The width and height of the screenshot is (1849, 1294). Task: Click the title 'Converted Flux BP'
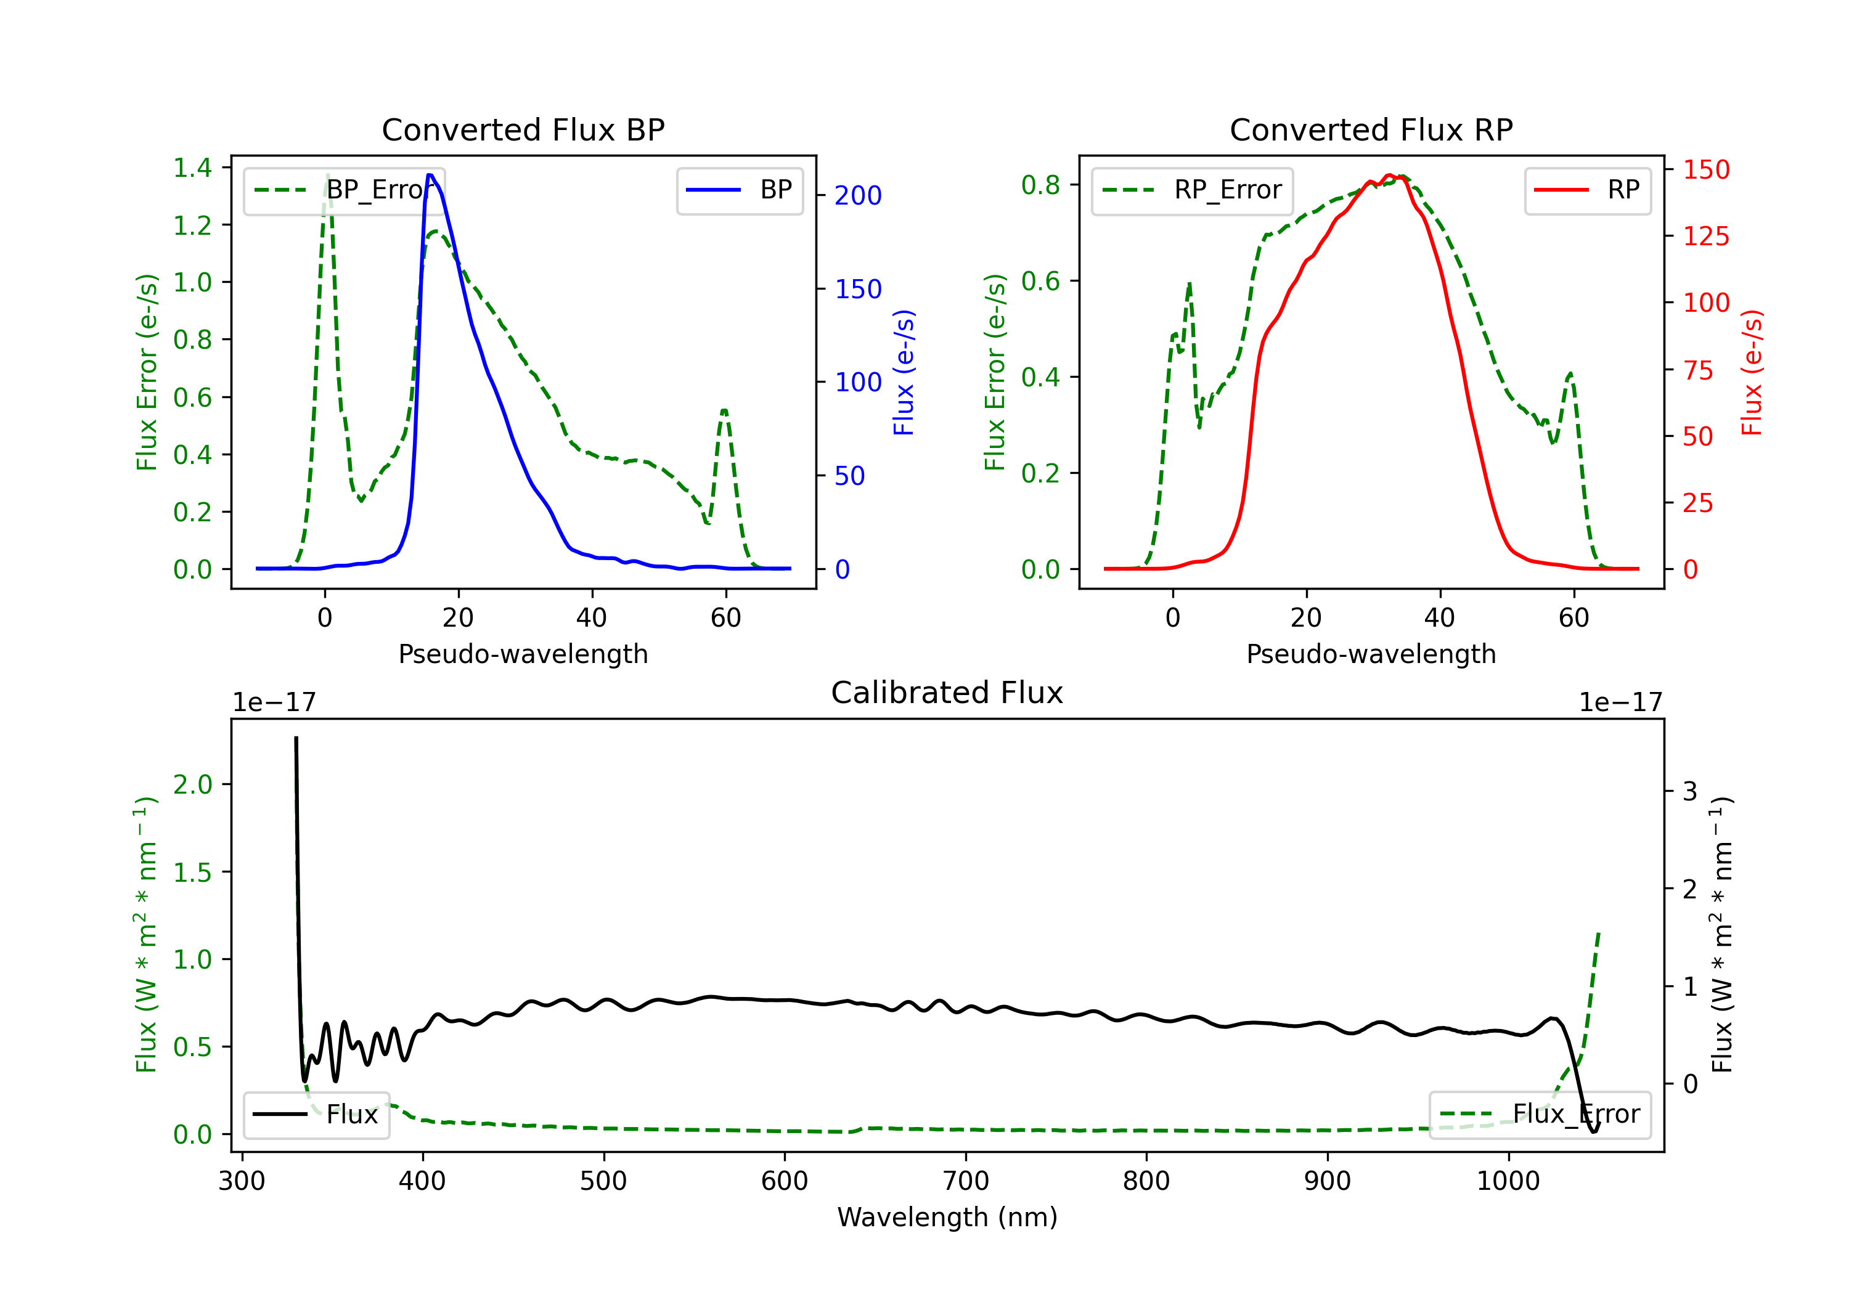[523, 129]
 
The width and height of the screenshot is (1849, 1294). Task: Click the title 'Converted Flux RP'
[1371, 129]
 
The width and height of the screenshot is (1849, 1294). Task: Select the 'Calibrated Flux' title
[947, 693]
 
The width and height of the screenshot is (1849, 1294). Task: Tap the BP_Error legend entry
[344, 190]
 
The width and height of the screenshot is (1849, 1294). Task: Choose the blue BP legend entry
[739, 190]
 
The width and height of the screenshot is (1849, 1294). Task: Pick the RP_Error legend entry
[1192, 190]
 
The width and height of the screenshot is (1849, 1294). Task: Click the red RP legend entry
[1587, 190]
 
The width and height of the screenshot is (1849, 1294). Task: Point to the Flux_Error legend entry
[1540, 1115]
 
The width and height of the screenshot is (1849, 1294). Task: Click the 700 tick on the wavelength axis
[966, 1181]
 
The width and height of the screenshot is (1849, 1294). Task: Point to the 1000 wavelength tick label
[1508, 1181]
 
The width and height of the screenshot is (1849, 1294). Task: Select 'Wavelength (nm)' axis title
[947, 1218]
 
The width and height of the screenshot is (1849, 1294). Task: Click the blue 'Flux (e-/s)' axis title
[904, 372]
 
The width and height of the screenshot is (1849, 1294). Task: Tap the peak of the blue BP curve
[430, 175]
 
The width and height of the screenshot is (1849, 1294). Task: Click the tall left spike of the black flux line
[296, 738]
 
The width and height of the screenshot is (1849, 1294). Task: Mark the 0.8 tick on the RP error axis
[1040, 185]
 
